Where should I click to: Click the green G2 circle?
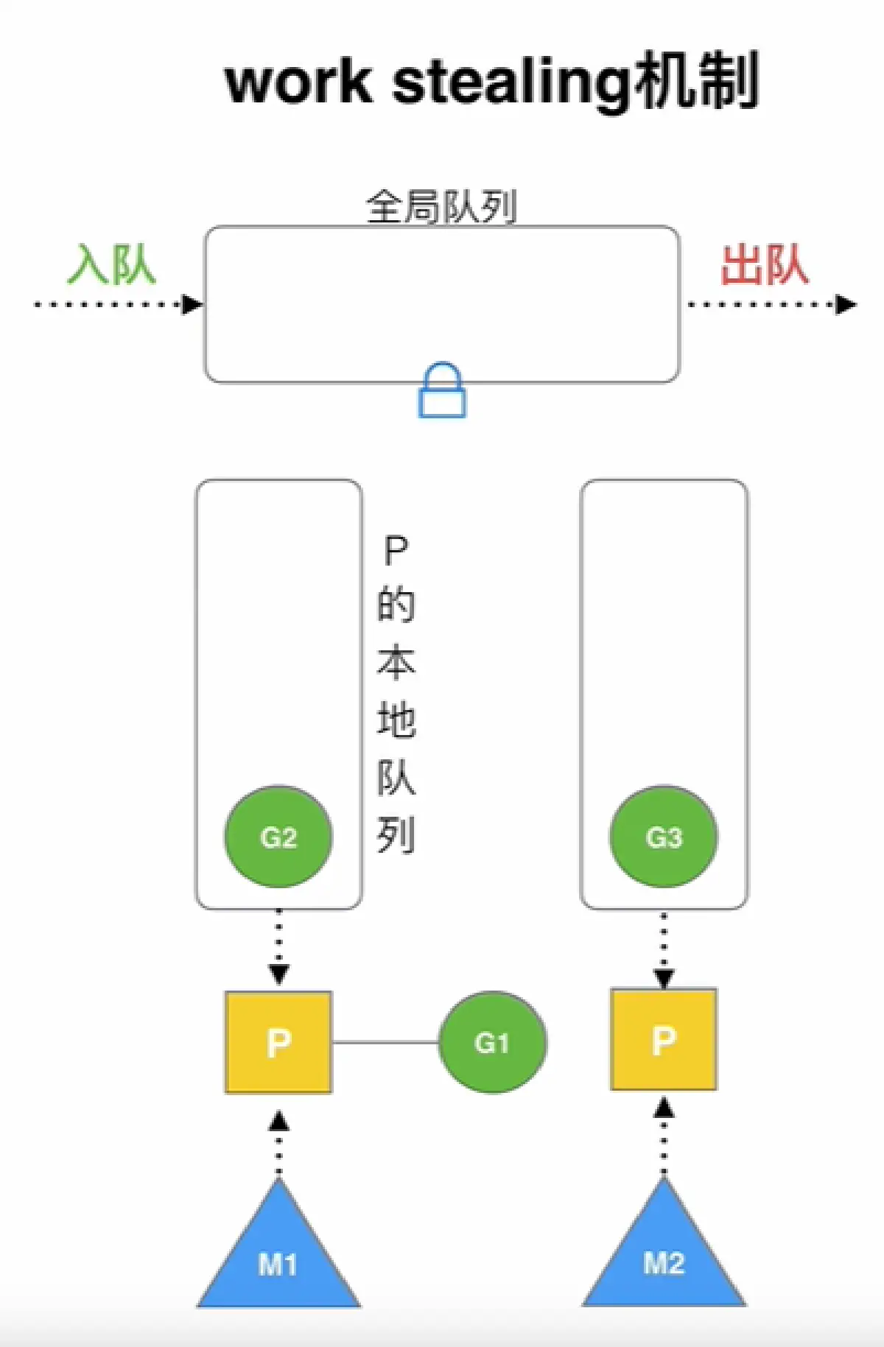click(278, 837)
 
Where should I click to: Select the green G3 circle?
click(664, 837)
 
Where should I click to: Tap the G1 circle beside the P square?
click(492, 1042)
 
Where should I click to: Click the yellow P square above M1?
click(278, 1042)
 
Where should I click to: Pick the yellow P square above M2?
click(664, 1039)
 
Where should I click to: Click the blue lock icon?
click(442, 392)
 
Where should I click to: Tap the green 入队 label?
click(112, 264)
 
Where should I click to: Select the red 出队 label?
click(765, 264)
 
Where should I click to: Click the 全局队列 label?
click(441, 207)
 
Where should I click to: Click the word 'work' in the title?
click(298, 82)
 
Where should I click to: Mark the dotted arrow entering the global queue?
click(118, 304)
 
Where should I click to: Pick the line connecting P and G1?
click(385, 1042)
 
